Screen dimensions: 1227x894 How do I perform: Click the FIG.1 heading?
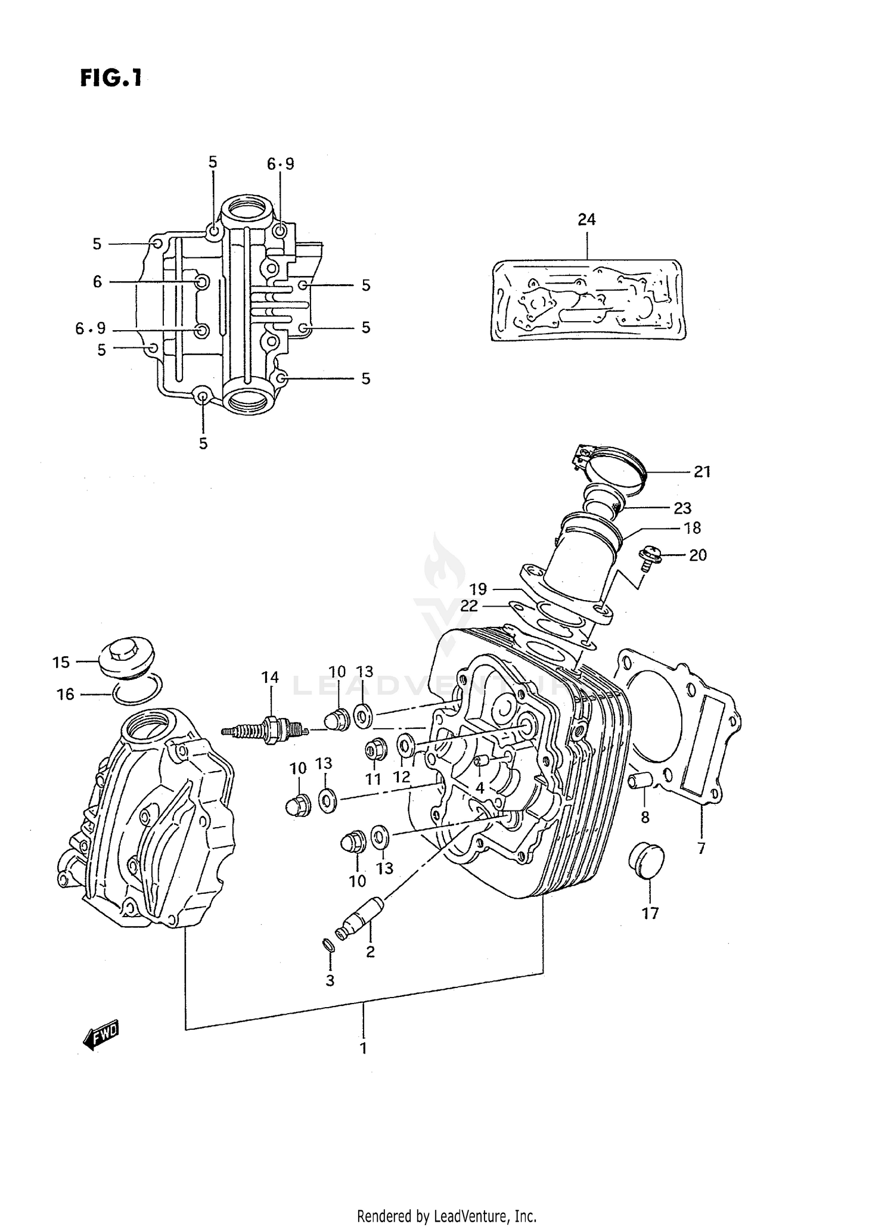tap(111, 78)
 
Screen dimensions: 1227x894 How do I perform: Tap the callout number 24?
tap(586, 219)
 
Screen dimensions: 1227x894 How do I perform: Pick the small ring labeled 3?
tap(328, 946)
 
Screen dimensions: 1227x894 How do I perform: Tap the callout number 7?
tap(701, 848)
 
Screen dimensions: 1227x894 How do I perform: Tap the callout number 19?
tap(478, 589)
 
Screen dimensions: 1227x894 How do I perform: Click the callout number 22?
tap(469, 605)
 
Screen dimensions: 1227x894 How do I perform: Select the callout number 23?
tap(682, 508)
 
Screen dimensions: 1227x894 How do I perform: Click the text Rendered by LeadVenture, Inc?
tap(446, 1216)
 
